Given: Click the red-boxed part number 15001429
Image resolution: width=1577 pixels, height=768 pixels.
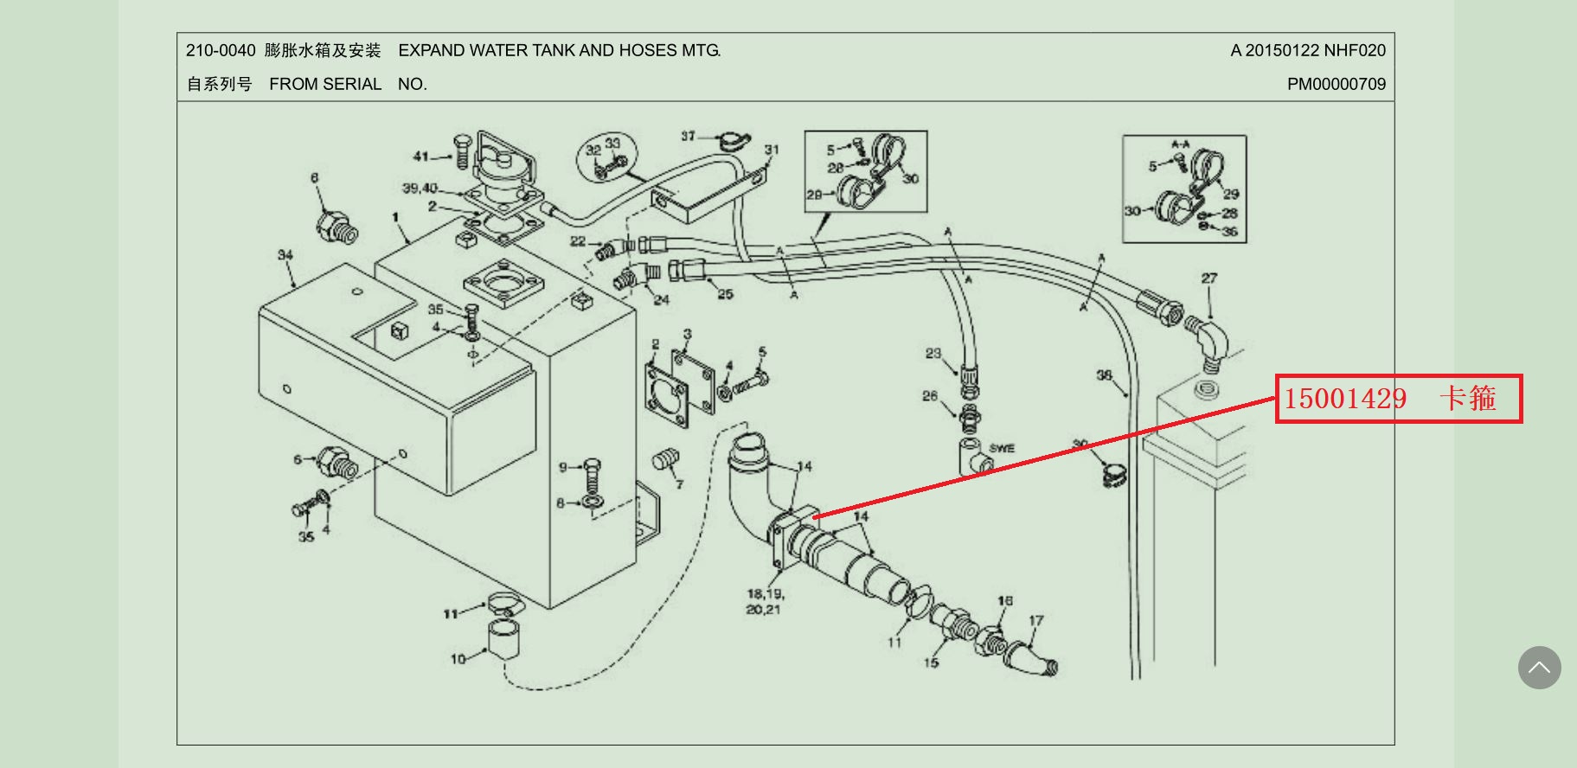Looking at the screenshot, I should pyautogui.click(x=1345, y=399).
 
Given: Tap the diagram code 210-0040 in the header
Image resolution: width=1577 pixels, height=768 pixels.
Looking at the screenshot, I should pyautogui.click(x=221, y=51).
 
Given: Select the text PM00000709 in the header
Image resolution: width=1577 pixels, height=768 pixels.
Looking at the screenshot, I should pyautogui.click(x=1336, y=84).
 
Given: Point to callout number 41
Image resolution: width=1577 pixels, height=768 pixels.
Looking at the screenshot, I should pyautogui.click(x=421, y=157).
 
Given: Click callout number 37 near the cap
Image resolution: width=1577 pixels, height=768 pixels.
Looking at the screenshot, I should pyautogui.click(x=688, y=136).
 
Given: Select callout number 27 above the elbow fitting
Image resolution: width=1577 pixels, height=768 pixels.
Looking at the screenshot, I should pyautogui.click(x=1208, y=278).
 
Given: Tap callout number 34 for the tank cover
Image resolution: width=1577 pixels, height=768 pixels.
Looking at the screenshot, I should pyautogui.click(x=285, y=255).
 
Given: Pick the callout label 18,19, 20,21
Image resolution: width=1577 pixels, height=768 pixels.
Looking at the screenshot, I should pyautogui.click(x=764, y=602).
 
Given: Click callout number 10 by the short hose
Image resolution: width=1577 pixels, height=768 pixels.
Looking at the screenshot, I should pyautogui.click(x=458, y=659).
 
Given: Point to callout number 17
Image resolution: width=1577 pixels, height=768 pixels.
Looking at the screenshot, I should pyautogui.click(x=1036, y=620).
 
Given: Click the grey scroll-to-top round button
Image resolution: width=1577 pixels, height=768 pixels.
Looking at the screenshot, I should pyautogui.click(x=1539, y=668).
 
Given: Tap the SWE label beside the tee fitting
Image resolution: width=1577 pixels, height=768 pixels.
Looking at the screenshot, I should pyautogui.click(x=1002, y=448).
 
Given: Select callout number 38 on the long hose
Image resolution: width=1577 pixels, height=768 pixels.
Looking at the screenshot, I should pyautogui.click(x=1104, y=375).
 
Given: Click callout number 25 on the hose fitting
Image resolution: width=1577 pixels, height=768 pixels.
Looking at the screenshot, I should pyautogui.click(x=725, y=294).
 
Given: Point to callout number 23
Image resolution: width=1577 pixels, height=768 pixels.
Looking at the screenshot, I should pyautogui.click(x=933, y=353).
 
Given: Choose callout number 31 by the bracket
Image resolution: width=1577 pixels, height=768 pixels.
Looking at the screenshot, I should pyautogui.click(x=772, y=150).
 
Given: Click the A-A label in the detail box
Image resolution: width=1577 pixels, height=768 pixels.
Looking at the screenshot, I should pyautogui.click(x=1180, y=144).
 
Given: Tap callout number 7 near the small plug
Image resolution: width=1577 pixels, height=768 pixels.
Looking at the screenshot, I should pyautogui.click(x=679, y=483).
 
